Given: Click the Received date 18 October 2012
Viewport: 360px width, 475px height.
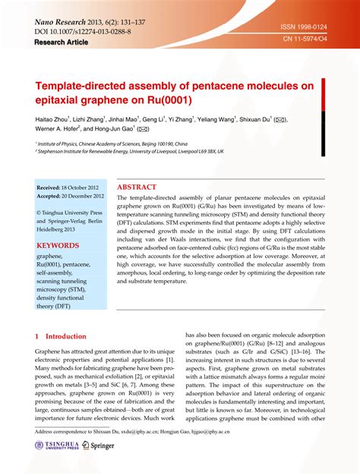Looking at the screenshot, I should coord(71,187).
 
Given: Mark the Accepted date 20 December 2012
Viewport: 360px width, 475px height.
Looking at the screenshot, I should coord(72,195).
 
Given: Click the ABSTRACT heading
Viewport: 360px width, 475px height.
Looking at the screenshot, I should coord(137,187).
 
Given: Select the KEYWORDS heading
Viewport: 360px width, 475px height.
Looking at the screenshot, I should coord(58,246).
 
